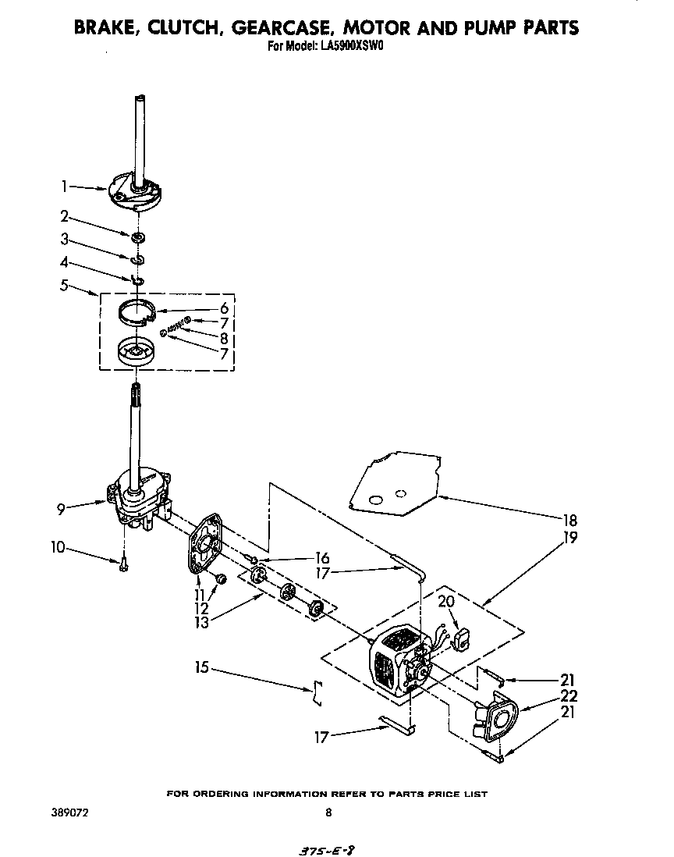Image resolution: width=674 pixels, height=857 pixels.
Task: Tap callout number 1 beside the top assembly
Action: point(65,186)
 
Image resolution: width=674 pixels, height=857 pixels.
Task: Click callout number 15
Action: point(203,667)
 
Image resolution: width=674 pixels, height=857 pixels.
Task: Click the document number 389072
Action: point(70,813)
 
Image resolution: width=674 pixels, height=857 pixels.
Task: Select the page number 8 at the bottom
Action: point(328,813)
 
